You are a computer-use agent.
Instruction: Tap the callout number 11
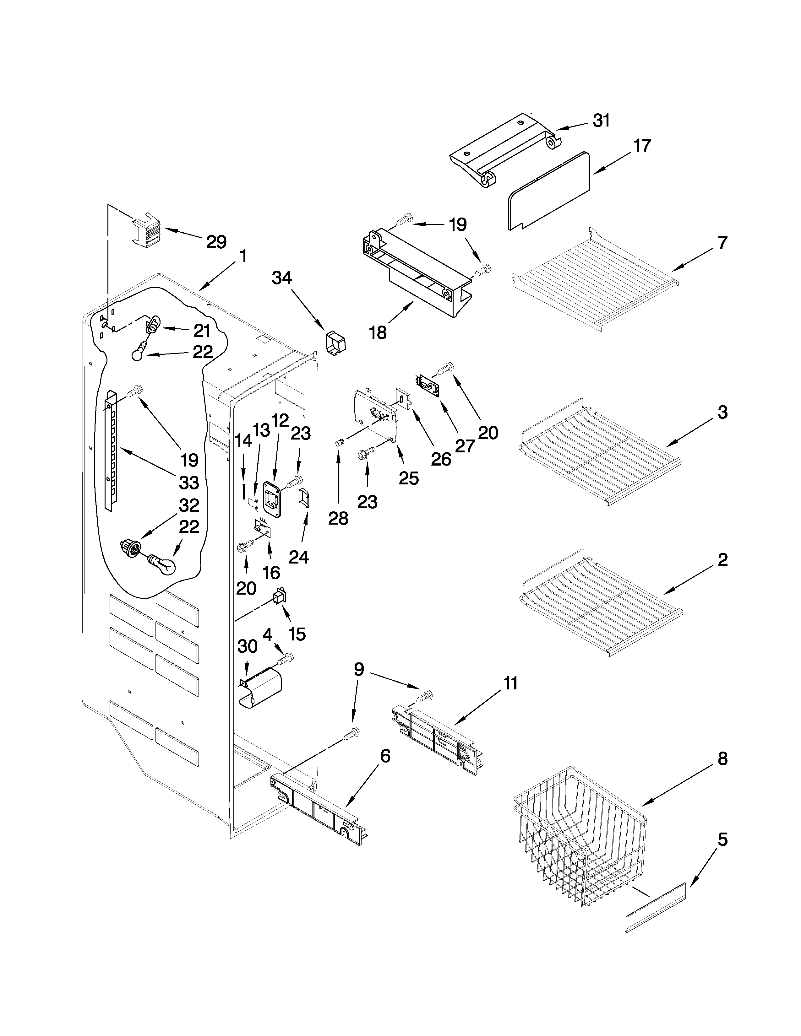coord(510,683)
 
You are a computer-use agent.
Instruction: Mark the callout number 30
coord(247,646)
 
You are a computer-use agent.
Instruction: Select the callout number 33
coord(188,483)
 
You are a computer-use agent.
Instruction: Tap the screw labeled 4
coord(286,658)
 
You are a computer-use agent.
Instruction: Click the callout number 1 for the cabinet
coord(243,256)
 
